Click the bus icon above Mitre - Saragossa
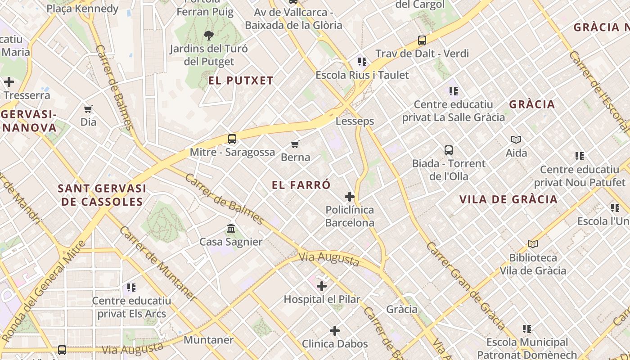232,139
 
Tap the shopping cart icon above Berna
295,144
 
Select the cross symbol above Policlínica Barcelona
350,197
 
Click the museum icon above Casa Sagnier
231,229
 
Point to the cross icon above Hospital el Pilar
322,286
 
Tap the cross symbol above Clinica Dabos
335,331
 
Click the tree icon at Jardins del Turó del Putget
208,35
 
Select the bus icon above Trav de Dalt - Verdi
422,40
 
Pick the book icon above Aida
516,140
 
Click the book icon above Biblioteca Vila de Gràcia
533,244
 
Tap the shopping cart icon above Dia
88,109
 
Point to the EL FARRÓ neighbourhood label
301,185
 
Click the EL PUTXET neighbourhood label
241,81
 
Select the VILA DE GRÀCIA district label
508,199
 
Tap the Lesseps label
355,121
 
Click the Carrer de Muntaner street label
157,263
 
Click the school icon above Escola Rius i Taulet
362,62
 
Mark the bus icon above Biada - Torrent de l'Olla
449,150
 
